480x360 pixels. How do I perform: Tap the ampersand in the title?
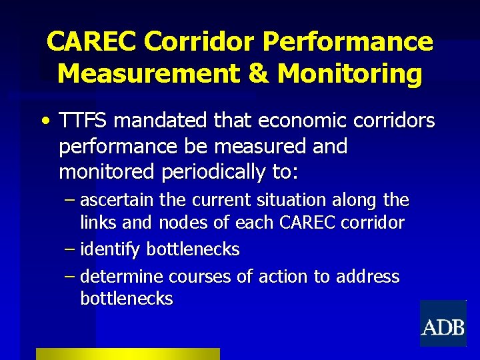(257, 73)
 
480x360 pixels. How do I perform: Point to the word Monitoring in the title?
(349, 73)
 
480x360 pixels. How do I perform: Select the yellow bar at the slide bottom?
(127, 353)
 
